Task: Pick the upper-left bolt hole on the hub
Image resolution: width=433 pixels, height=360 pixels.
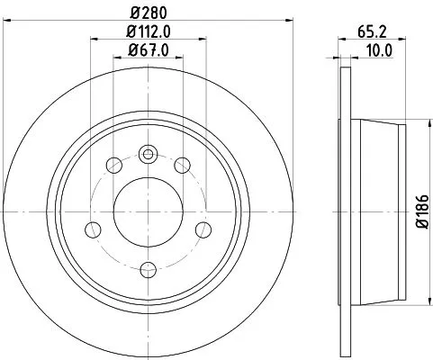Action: pos(113,165)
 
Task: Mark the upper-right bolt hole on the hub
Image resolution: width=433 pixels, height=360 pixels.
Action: pos(183,165)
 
